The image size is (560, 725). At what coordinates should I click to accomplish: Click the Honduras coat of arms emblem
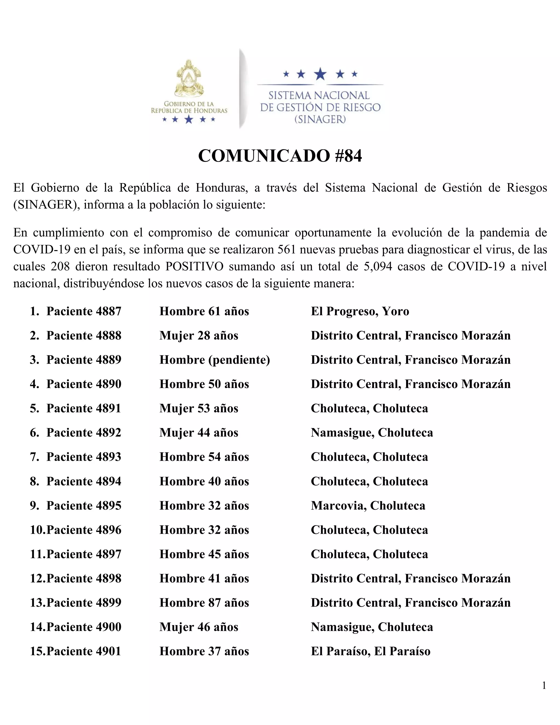(189, 79)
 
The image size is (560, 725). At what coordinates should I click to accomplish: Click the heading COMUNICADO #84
(280, 156)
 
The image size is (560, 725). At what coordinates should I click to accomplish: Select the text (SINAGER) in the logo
(320, 119)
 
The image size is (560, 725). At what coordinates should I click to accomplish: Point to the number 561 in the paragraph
(286, 249)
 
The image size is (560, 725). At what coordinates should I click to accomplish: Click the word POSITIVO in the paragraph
(194, 266)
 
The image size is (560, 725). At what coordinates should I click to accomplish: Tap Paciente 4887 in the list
(84, 311)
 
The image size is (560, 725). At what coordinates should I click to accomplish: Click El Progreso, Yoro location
(360, 311)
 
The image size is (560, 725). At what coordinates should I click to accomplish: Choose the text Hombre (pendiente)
(215, 360)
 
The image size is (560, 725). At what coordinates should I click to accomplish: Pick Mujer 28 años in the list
(199, 335)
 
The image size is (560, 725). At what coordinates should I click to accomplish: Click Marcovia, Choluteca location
(368, 506)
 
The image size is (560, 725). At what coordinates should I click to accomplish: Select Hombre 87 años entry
(204, 603)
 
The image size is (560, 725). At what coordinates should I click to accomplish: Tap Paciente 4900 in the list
(84, 627)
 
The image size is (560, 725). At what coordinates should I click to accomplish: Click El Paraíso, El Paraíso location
(371, 651)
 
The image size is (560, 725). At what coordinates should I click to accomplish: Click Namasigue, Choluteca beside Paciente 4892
(372, 433)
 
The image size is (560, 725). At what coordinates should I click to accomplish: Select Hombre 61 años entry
(204, 311)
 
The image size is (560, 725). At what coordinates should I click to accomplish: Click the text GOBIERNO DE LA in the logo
(189, 104)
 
